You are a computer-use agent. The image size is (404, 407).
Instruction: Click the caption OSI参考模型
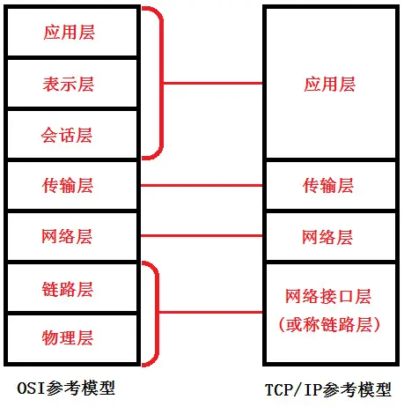pyautogui.click(x=66, y=388)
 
